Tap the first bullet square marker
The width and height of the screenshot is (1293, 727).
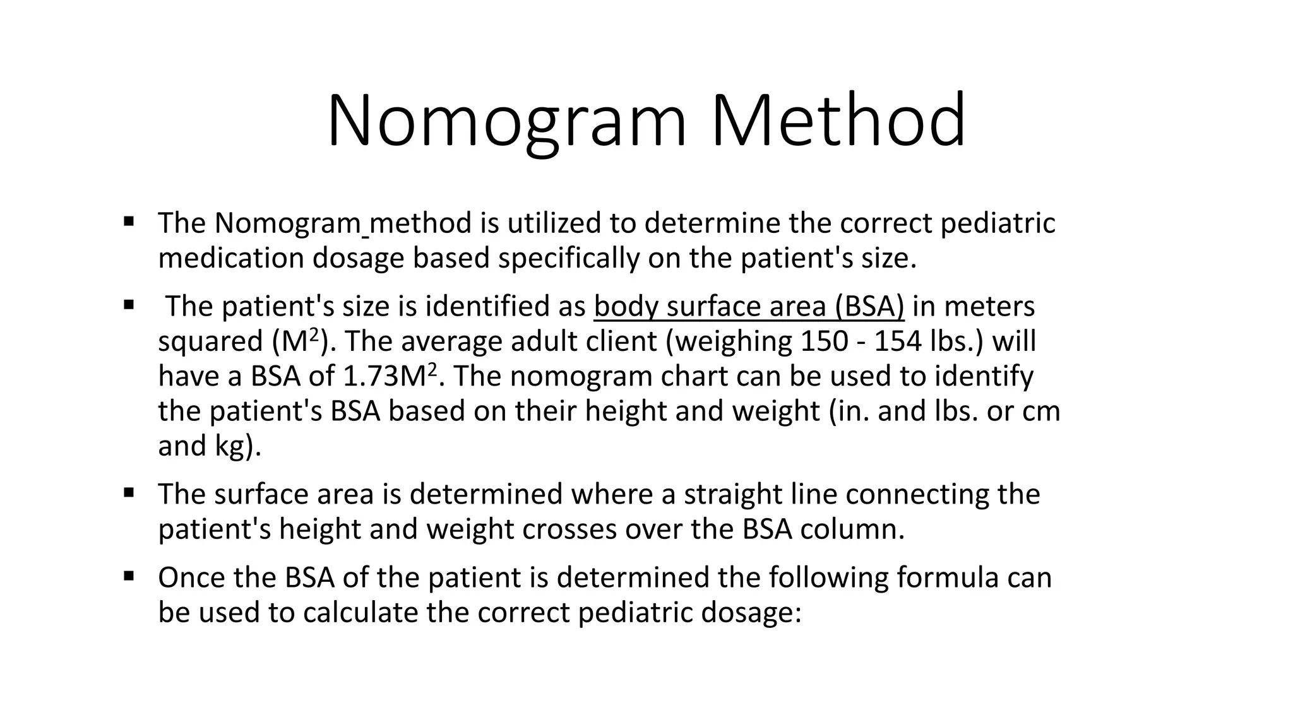[129, 222]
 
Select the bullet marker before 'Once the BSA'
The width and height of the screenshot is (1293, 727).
[129, 576]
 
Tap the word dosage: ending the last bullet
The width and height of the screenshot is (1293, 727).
[751, 613]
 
